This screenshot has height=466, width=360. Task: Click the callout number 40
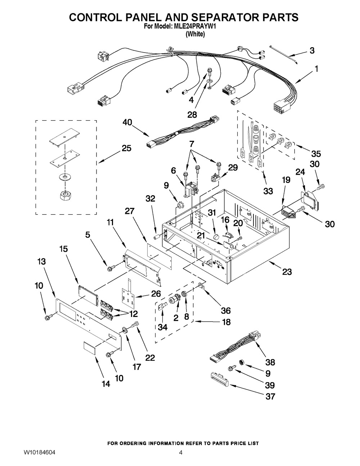coord(127,122)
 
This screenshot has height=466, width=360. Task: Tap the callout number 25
coord(126,148)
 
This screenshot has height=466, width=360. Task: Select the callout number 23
coord(287,272)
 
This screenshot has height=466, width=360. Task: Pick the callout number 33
coord(268,191)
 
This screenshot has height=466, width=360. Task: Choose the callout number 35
coord(316,154)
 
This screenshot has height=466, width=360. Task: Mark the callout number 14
coord(105,384)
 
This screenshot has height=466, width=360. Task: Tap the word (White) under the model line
coord(195,35)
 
